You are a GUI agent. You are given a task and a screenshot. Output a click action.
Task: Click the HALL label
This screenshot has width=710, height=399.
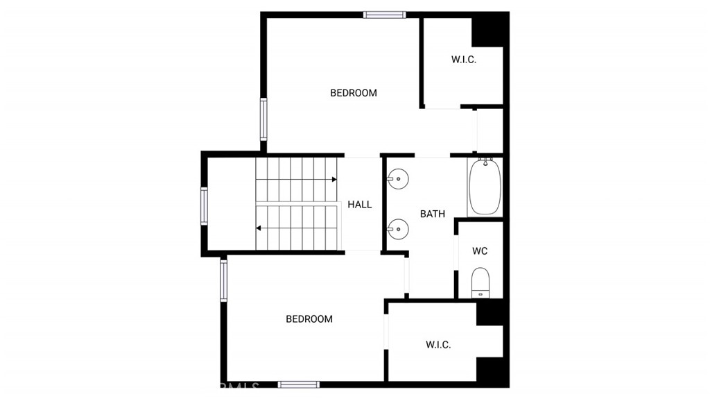pyautogui.click(x=360, y=205)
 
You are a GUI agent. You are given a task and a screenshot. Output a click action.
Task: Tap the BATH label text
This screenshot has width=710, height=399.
pyautogui.click(x=433, y=214)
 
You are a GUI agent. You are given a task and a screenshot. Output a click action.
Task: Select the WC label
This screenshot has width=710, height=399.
pyautogui.click(x=480, y=251)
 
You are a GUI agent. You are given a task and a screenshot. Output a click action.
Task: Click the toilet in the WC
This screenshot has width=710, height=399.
pyautogui.click(x=480, y=282)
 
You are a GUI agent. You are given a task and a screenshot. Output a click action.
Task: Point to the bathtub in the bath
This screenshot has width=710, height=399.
pyautogui.click(x=485, y=187)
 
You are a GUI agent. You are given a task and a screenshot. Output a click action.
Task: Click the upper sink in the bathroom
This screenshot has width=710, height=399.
pyautogui.click(x=397, y=178)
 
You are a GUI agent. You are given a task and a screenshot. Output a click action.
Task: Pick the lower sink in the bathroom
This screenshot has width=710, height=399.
pyautogui.click(x=397, y=229)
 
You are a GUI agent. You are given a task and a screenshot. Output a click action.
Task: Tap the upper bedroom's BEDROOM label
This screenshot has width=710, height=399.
pyautogui.click(x=353, y=93)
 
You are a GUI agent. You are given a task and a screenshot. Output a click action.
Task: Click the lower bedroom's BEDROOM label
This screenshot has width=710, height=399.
pyautogui.click(x=309, y=319)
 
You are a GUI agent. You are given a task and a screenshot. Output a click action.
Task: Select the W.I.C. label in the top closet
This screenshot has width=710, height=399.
pyautogui.click(x=464, y=60)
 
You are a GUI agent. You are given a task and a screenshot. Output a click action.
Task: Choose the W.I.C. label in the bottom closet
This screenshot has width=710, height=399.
pyautogui.click(x=438, y=345)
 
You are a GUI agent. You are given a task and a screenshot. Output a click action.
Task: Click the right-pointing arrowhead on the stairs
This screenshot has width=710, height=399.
pyautogui.click(x=335, y=180)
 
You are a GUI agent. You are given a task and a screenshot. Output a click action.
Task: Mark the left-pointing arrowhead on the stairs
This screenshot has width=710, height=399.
pyautogui.click(x=259, y=228)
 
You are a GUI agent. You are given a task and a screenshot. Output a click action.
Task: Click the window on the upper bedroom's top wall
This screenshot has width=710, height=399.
pyautogui.click(x=384, y=15)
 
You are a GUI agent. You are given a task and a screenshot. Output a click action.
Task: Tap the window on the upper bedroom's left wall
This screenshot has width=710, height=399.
pyautogui.click(x=263, y=119)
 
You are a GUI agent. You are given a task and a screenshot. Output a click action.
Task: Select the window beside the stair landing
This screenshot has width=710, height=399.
pyautogui.click(x=205, y=206)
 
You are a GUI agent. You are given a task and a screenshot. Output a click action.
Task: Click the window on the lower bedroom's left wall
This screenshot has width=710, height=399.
pyautogui.click(x=224, y=280)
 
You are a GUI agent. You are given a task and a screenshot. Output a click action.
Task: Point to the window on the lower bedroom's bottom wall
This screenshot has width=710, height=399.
pyautogui.click(x=298, y=384)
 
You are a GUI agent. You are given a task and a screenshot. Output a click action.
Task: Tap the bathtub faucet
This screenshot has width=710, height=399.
pyautogui.click(x=485, y=161)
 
